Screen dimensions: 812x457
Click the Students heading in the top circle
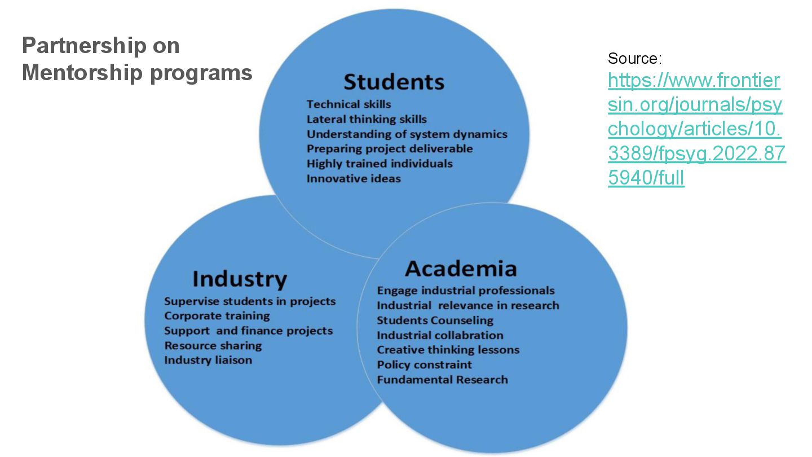(x=394, y=82)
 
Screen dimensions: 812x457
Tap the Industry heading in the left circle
(x=240, y=279)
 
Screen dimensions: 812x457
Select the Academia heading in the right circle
(x=461, y=269)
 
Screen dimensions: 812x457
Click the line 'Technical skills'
(x=348, y=104)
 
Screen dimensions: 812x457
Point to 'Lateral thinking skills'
(x=367, y=119)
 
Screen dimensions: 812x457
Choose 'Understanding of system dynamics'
(x=407, y=134)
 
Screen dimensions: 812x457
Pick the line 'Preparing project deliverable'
(x=390, y=149)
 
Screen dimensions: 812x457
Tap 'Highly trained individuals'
(x=379, y=164)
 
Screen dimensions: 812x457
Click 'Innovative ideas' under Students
(x=354, y=179)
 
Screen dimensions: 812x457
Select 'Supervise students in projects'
(x=250, y=301)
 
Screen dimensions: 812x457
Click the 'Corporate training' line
(x=217, y=316)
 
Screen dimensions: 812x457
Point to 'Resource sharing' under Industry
(x=213, y=345)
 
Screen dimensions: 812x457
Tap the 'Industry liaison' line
(x=208, y=360)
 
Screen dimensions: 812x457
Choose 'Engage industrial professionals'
(x=466, y=291)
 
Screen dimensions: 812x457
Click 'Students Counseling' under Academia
(x=435, y=320)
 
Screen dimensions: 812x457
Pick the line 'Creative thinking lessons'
(x=448, y=350)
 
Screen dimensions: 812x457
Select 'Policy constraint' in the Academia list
(x=425, y=364)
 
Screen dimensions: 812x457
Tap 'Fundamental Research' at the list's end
(x=443, y=380)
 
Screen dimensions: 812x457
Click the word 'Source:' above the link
(x=634, y=58)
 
